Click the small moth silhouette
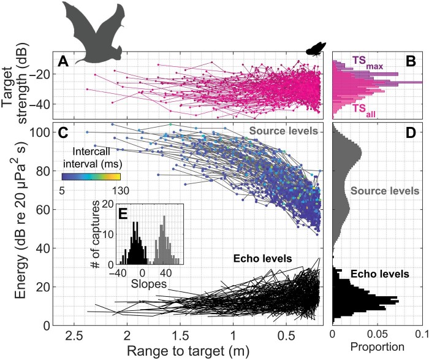(316, 48)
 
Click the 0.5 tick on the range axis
(286, 335)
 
